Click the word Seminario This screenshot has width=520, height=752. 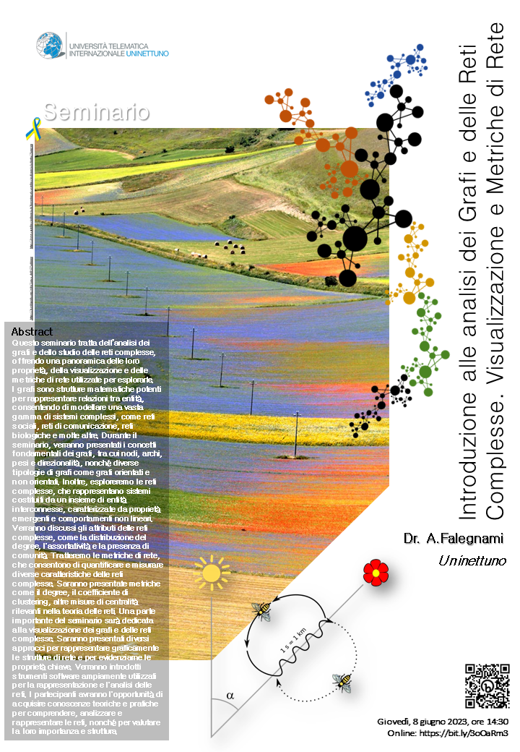click(x=96, y=112)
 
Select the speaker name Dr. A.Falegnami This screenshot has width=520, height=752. click(x=454, y=538)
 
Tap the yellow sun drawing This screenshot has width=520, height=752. click(x=210, y=573)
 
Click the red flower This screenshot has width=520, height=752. click(x=376, y=573)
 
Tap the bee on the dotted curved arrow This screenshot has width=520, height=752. click(x=342, y=681)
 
